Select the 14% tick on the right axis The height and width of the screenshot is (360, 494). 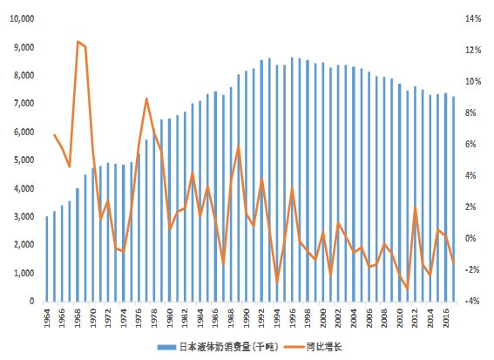(x=473, y=18)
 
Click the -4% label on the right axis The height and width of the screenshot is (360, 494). (x=473, y=302)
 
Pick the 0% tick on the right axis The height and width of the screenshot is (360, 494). (x=471, y=239)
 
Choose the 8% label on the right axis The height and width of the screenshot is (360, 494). (x=471, y=113)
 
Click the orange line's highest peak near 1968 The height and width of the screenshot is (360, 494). (x=78, y=41)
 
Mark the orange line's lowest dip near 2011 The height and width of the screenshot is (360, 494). (x=407, y=289)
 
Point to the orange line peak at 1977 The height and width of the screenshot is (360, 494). (x=146, y=98)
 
